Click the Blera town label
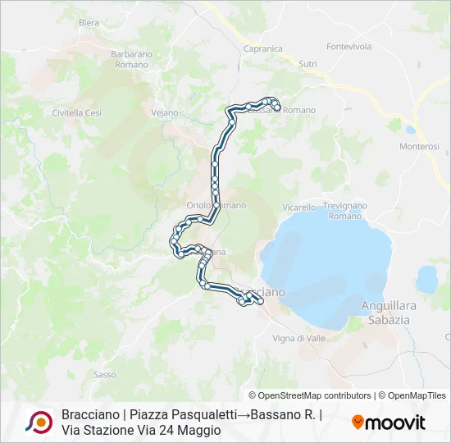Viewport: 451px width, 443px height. coord(89,23)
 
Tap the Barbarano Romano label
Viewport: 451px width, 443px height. coord(131,59)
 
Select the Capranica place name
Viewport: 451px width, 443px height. coord(263,48)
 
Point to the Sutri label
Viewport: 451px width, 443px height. coord(307,63)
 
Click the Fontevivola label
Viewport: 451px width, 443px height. coord(349,47)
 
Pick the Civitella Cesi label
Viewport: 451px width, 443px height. coord(76,112)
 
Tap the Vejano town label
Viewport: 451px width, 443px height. coord(165,112)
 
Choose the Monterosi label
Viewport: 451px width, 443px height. coord(419,146)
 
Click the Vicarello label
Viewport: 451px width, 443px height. coord(298,208)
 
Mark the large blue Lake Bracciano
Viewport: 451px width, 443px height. coord(328,263)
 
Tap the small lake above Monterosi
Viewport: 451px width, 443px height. coord(410,129)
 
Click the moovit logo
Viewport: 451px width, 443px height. coord(389,422)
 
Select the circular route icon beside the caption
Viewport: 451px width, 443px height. coord(39,422)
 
